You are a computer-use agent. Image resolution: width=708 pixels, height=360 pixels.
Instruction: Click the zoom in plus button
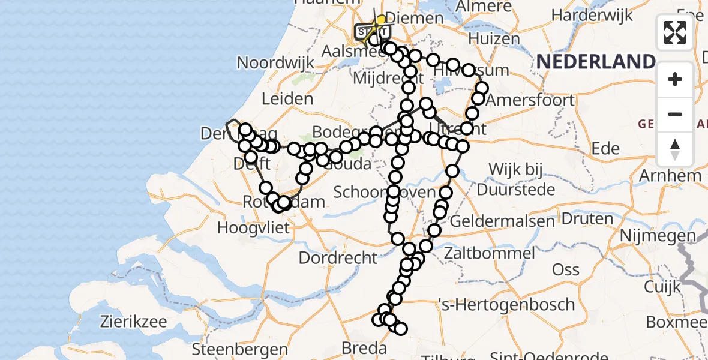point(675,79)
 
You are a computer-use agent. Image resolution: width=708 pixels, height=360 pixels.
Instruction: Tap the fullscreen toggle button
point(675,32)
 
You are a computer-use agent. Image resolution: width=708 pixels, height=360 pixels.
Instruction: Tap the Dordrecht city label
point(338,258)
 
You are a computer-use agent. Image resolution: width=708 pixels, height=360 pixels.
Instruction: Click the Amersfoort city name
point(530,100)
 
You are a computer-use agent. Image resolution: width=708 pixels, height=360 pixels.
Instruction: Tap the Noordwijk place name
point(275,63)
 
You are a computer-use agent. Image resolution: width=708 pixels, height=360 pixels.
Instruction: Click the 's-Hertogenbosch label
point(506,304)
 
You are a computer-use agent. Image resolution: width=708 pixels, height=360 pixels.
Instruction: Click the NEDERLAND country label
point(596,62)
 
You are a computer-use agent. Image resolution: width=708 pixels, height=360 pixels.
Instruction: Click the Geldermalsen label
point(493,221)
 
